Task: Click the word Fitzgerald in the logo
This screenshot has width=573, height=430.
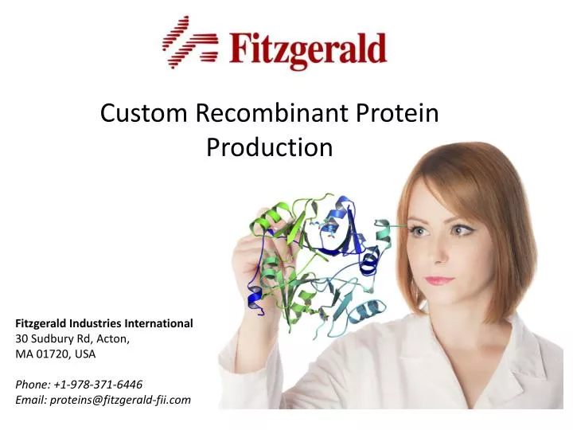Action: tap(309, 49)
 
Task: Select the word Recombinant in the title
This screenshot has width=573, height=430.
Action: tap(269, 113)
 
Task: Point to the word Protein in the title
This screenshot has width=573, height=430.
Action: tap(396, 113)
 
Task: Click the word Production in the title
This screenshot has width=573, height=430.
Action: tap(269, 147)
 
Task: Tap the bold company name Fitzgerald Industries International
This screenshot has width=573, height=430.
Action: tap(104, 323)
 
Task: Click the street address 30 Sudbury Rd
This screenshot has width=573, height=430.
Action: tap(61, 338)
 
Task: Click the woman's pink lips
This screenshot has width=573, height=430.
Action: tap(439, 280)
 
